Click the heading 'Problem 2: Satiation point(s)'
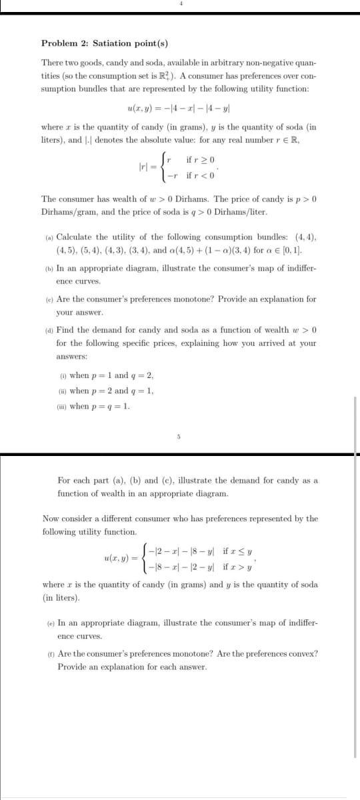tap(105, 43)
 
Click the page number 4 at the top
tap(179, 4)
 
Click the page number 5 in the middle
tap(179, 437)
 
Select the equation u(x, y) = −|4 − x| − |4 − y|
tap(179, 109)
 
